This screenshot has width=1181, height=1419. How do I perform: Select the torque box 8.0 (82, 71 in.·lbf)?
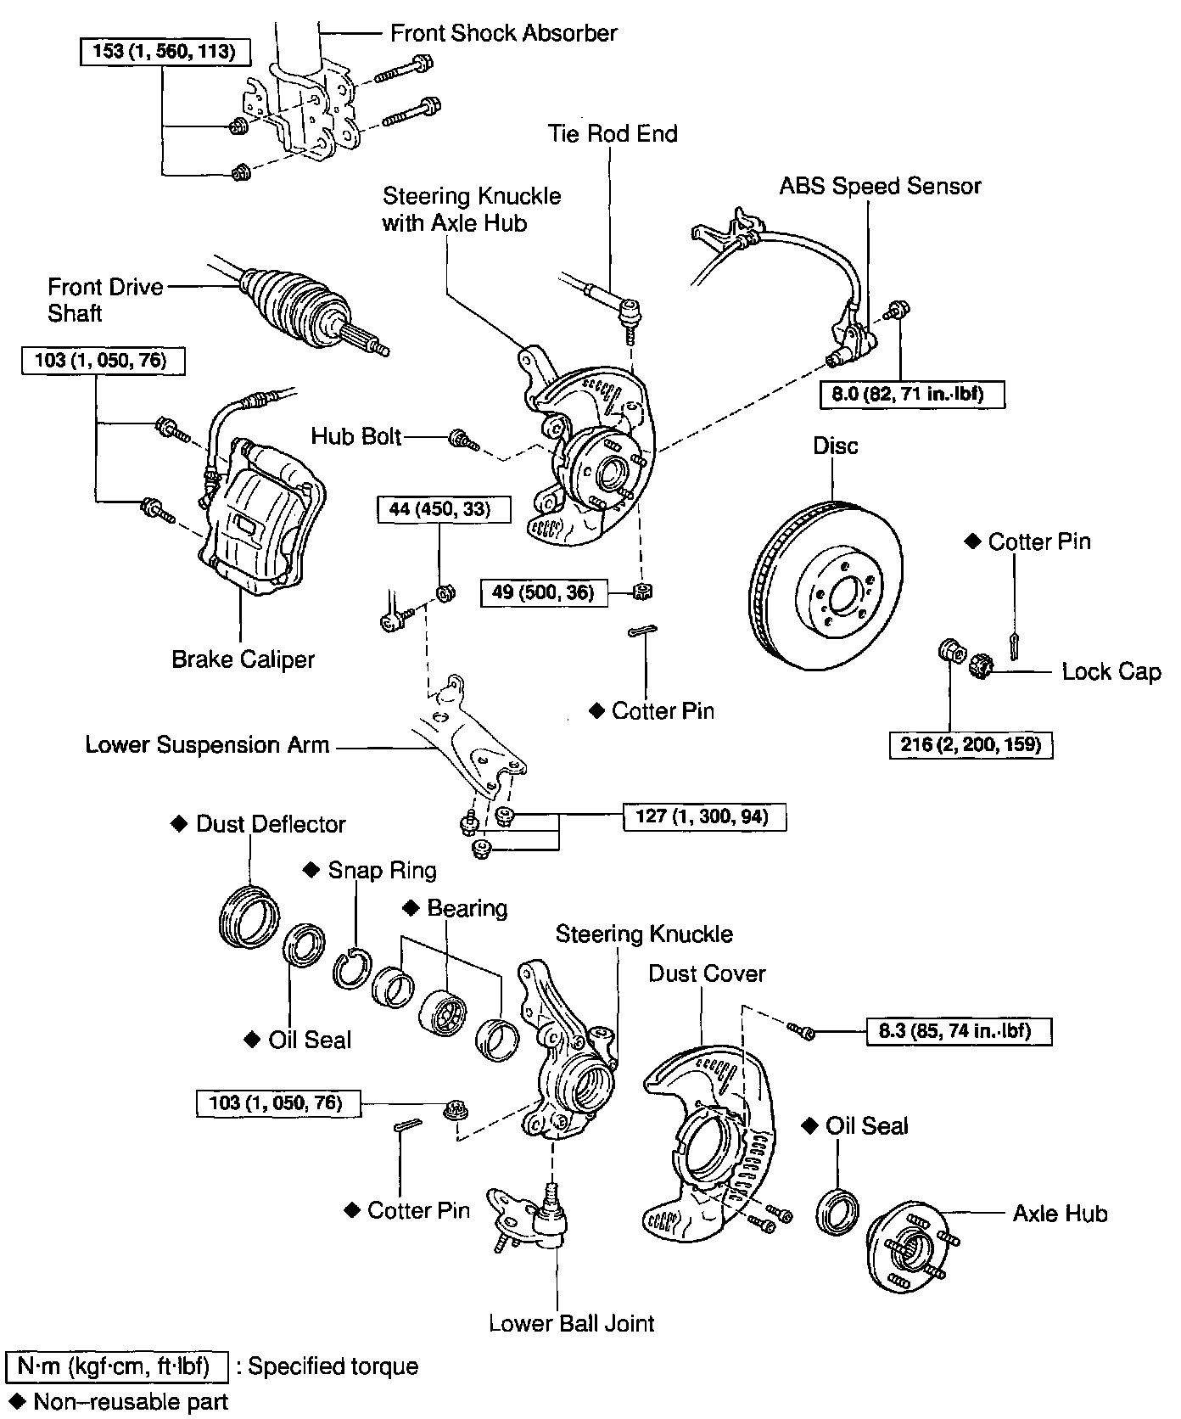pyautogui.click(x=912, y=394)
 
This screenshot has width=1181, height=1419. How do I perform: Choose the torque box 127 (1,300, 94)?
pyautogui.click(x=703, y=816)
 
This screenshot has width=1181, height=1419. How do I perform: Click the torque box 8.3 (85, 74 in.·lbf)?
pyautogui.click(x=959, y=1031)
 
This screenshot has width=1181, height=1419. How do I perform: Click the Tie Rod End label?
pyautogui.click(x=612, y=133)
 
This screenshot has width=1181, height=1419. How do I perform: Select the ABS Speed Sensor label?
pyautogui.click(x=880, y=186)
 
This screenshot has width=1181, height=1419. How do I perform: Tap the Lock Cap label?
pyautogui.click(x=1111, y=671)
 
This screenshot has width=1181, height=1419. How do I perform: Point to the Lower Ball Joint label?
pyautogui.click(x=572, y=1323)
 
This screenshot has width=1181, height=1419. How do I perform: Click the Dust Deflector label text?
pyautogui.click(x=271, y=823)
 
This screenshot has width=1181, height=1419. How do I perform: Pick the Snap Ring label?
pyautogui.click(x=382, y=870)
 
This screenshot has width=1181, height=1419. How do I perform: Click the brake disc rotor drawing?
pyautogui.click(x=827, y=586)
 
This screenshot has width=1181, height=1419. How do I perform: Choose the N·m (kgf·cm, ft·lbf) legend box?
pyautogui.click(x=117, y=1366)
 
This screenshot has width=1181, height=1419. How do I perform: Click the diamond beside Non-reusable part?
pyautogui.click(x=13, y=1400)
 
